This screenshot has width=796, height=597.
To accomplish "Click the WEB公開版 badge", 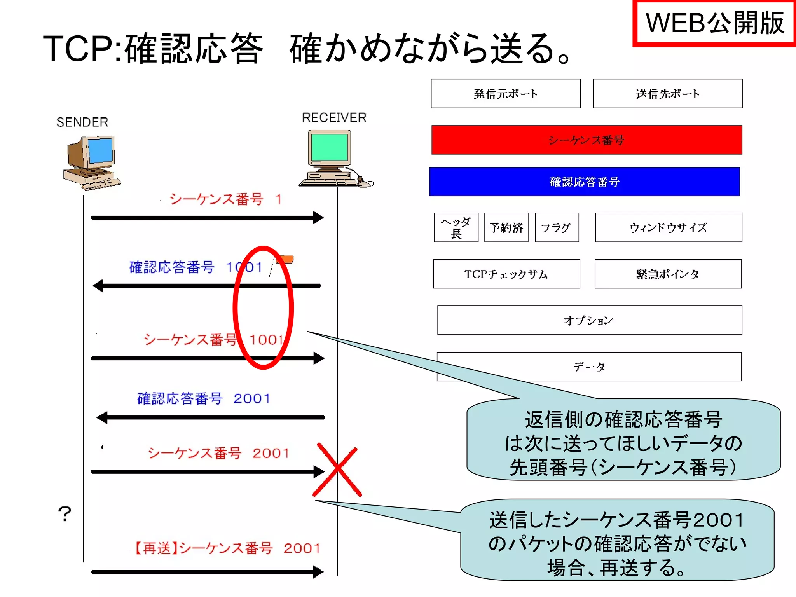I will [714, 23].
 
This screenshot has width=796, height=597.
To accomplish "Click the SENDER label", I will [82, 122].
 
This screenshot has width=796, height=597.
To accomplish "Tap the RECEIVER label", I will [334, 117].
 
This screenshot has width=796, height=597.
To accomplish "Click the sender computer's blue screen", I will [100, 150].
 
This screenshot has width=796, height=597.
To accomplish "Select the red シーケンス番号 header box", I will [587, 140].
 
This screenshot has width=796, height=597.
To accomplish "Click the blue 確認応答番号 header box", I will [584, 182].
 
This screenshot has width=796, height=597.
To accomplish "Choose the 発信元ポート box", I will [506, 94].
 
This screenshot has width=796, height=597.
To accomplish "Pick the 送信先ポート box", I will [668, 94].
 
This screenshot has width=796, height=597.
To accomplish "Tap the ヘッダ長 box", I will [456, 227].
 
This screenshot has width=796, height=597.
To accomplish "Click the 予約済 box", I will [506, 227].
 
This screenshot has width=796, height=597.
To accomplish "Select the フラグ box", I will [557, 227].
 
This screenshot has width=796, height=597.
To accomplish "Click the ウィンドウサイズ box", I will [669, 227].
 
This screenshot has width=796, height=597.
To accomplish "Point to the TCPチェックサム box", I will [506, 274].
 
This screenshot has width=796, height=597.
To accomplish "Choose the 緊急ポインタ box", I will [668, 274].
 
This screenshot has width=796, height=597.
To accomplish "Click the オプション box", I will [589, 320].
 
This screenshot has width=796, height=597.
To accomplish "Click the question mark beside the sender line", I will [65, 514].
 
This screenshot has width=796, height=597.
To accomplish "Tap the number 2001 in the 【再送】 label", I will [302, 548].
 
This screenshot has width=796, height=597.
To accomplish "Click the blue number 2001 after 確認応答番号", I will [251, 398].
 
